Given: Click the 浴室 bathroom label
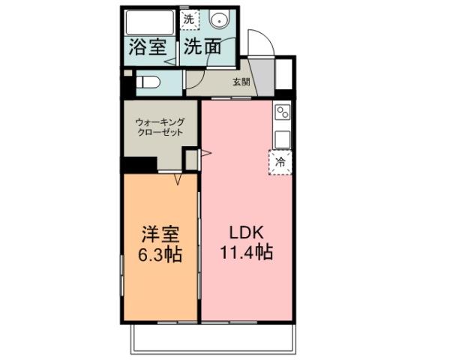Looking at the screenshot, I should pyautogui.click(x=148, y=46).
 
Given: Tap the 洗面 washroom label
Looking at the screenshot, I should pyautogui.click(x=202, y=46).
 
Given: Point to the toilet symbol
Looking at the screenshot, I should pyautogui.click(x=147, y=82).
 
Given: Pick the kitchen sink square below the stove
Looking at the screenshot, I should pyautogui.click(x=283, y=139).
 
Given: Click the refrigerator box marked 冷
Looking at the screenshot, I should pyautogui.click(x=281, y=161).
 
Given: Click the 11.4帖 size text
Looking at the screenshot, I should pyautogui.click(x=245, y=252).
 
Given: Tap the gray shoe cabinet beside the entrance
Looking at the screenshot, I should pyautogui.click(x=284, y=73).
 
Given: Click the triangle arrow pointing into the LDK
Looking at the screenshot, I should pyautogui.click(x=205, y=155).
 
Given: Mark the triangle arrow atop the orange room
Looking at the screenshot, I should pyautogui.click(x=178, y=180).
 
